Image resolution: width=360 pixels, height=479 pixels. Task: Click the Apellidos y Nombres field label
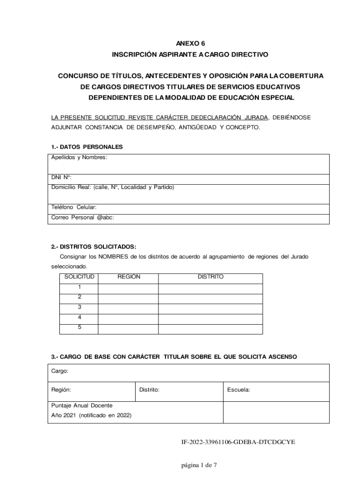pyautogui.click(x=79, y=157)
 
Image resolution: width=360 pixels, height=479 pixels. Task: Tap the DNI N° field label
pyautogui.click(x=61, y=177)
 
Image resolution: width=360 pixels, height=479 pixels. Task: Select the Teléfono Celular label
pyautogui.click(x=74, y=207)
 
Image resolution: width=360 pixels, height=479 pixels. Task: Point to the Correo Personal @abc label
pyautogui.click(x=82, y=218)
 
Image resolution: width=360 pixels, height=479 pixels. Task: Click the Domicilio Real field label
pyautogui.click(x=112, y=187)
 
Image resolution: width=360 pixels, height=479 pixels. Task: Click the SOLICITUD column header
pyautogui.click(x=79, y=277)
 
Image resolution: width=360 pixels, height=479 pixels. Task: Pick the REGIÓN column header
pyautogui.click(x=129, y=277)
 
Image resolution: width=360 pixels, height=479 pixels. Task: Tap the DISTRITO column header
pyautogui.click(x=210, y=277)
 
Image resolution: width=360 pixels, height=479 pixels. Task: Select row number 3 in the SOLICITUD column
pyautogui.click(x=79, y=307)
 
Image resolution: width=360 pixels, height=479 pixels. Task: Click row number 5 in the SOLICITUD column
pyautogui.click(x=79, y=327)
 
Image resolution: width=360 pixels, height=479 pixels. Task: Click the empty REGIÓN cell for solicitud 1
pyautogui.click(x=128, y=287)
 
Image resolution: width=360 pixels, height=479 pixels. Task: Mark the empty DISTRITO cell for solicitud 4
pyautogui.click(x=210, y=318)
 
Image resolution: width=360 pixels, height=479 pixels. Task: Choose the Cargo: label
pyautogui.click(x=60, y=371)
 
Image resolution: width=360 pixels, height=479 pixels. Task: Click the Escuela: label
pyautogui.click(x=238, y=389)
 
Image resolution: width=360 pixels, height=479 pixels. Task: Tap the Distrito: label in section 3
pyautogui.click(x=150, y=389)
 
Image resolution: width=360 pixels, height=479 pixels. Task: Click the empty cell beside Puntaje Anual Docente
pyautogui.click(x=276, y=410)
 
